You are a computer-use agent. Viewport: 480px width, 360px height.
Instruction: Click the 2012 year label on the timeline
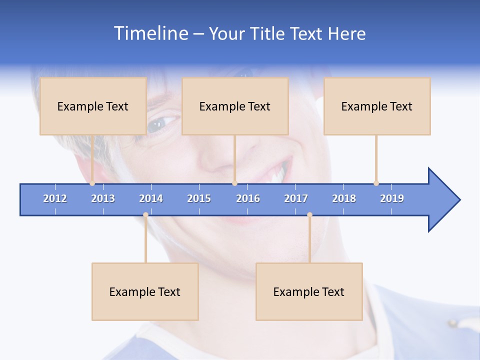[55, 198]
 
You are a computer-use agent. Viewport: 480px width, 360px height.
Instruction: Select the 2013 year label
[103, 198]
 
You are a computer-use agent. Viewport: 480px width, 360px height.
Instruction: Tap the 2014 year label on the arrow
[151, 198]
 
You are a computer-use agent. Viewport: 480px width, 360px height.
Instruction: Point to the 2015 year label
[199, 198]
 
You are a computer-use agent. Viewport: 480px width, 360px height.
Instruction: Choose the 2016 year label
[248, 198]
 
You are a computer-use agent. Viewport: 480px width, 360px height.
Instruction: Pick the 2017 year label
[296, 198]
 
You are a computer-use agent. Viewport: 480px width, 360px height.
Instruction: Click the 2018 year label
[344, 198]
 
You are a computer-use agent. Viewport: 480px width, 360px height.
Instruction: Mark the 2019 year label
[392, 198]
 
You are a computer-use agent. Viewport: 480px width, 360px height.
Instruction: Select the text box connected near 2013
[93, 106]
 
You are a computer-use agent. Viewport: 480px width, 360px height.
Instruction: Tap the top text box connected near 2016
[235, 106]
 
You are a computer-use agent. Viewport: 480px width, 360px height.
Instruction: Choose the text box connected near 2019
[377, 106]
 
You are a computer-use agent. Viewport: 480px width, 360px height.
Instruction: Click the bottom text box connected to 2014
[145, 291]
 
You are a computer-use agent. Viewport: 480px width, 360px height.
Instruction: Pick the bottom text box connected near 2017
[309, 291]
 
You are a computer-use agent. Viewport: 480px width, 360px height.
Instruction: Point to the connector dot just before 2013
[92, 183]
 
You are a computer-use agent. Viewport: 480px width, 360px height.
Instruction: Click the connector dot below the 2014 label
[145, 215]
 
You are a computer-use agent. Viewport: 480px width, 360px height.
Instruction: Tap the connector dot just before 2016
[234, 183]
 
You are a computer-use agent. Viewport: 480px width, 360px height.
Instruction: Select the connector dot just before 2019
[376, 183]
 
